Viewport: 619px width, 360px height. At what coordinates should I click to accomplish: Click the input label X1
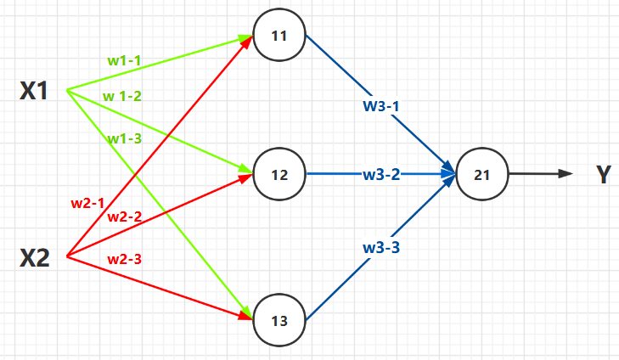pyautogui.click(x=35, y=92)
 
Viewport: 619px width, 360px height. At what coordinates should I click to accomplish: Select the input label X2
pyautogui.click(x=35, y=257)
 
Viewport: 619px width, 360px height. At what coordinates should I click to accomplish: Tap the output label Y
pyautogui.click(x=603, y=175)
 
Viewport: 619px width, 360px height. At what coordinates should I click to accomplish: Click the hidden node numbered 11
pyautogui.click(x=279, y=37)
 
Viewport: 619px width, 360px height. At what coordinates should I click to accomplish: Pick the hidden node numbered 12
pyautogui.click(x=279, y=175)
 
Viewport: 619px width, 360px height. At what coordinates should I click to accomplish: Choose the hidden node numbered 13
pyautogui.click(x=279, y=320)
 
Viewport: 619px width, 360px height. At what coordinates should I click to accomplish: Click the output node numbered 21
pyautogui.click(x=482, y=175)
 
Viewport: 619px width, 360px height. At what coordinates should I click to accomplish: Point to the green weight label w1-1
pyautogui.click(x=125, y=60)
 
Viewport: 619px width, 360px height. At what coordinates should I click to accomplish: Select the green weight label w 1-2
pyautogui.click(x=122, y=96)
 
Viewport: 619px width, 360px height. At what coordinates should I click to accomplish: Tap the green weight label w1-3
pyautogui.click(x=124, y=138)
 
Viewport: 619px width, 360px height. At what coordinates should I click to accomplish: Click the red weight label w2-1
pyautogui.click(x=87, y=203)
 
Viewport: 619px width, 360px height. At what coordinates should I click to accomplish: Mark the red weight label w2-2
pyautogui.click(x=125, y=217)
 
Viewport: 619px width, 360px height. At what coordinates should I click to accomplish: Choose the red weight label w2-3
pyautogui.click(x=125, y=258)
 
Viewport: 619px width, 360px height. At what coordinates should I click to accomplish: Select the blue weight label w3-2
pyautogui.click(x=381, y=175)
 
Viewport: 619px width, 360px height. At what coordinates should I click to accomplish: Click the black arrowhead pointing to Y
pyautogui.click(x=566, y=174)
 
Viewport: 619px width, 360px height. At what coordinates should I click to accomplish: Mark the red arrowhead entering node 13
pyautogui.click(x=246, y=318)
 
